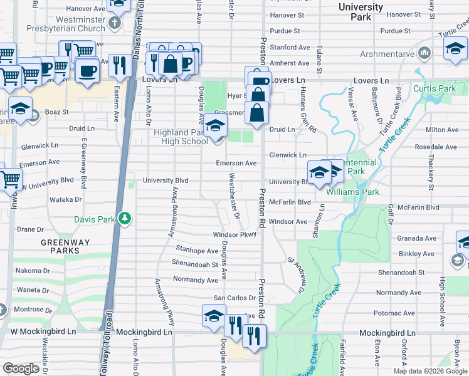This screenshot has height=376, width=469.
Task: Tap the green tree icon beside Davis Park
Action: coord(125,218)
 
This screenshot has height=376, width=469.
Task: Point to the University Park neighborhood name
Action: coord(360,12)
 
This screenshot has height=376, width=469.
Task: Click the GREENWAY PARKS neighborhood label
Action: coord(65,246)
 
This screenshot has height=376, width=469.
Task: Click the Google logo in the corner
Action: coord(21,368)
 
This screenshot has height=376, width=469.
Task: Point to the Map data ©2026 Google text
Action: coord(430,371)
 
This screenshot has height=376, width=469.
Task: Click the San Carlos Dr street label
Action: coord(235,298)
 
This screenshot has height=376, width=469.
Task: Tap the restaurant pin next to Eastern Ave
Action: coord(117,65)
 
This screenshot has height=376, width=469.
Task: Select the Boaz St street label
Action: coord(56,112)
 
